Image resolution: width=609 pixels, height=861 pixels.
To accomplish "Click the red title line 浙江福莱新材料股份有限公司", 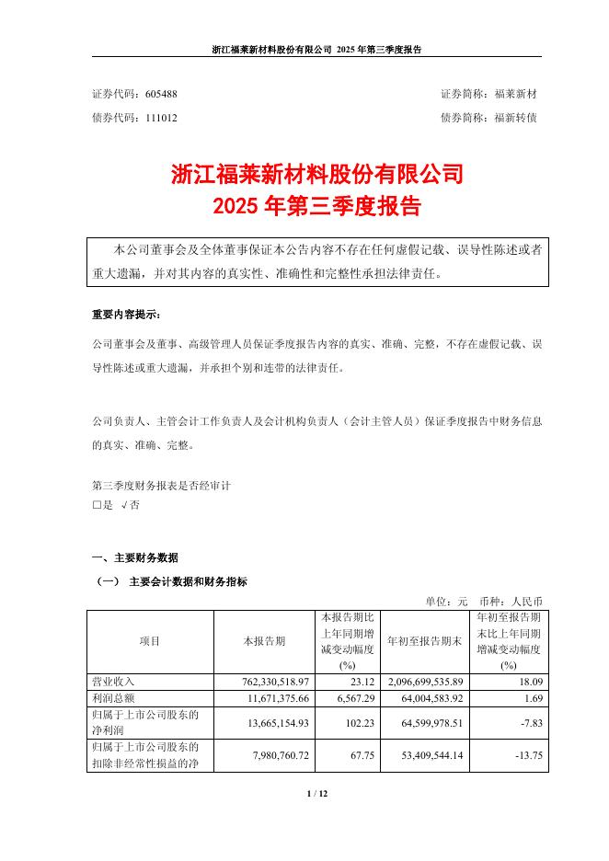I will pyautogui.click(x=316, y=174).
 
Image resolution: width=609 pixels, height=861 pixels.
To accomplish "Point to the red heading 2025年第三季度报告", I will pyautogui.click(x=316, y=206).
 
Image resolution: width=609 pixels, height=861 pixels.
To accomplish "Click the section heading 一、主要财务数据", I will pyautogui.click(x=135, y=558).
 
